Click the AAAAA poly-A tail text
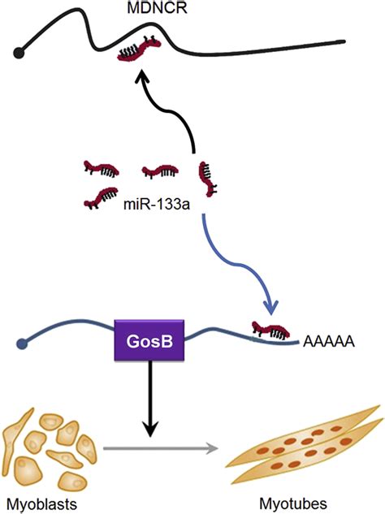click(328, 342)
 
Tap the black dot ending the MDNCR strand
click(17, 54)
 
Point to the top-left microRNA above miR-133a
click(102, 169)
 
